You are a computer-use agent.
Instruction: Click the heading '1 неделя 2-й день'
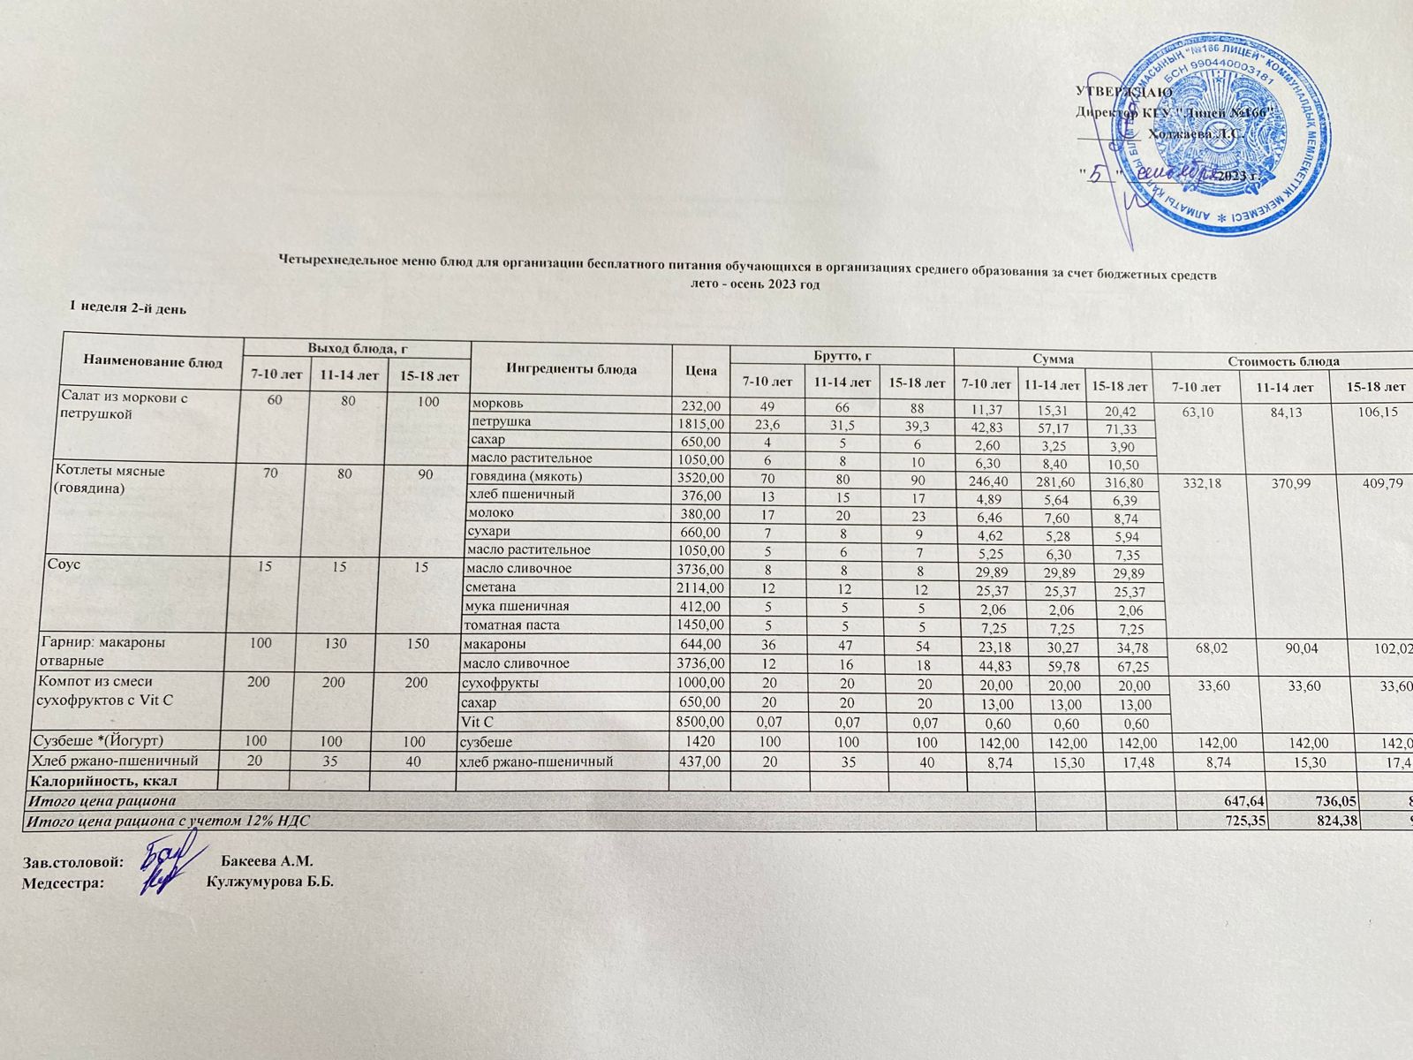point(128,308)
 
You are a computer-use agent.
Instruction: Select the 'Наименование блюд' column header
point(153,361)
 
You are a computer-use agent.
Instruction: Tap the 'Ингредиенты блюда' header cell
point(571,369)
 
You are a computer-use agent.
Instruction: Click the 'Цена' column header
point(700,371)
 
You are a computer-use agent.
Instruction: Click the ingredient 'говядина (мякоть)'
point(525,476)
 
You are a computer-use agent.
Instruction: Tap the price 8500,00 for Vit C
point(700,722)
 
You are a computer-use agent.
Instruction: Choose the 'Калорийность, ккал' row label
point(104,781)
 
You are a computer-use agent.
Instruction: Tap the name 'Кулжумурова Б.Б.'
point(269,882)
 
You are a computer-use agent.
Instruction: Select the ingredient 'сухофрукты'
point(500,683)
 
